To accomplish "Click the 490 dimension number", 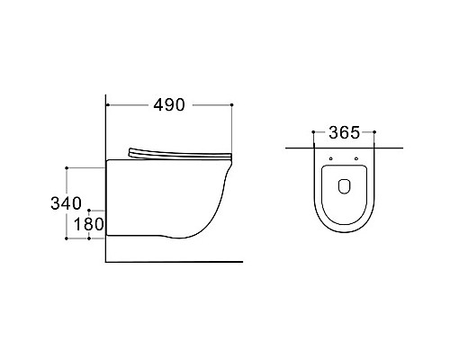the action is click(x=169, y=105).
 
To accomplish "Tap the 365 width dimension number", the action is click(x=344, y=132).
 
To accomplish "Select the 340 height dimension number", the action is click(x=66, y=203).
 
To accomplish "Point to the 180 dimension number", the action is click(x=89, y=224).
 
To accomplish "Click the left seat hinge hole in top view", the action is click(x=331, y=158).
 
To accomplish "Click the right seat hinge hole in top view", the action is click(x=356, y=158).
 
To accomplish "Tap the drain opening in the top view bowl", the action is click(x=345, y=186).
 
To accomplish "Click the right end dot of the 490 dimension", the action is click(x=231, y=104).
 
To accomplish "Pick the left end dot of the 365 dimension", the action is click(x=313, y=131).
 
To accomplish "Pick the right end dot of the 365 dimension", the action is click(x=374, y=131).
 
